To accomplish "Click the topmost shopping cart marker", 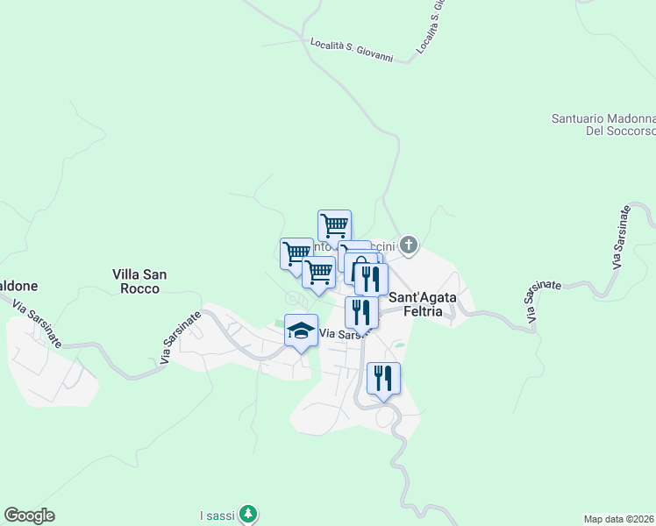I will (334, 226).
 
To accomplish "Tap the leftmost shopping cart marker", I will (296, 253).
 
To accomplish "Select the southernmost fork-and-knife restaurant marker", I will (383, 379).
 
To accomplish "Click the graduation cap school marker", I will (301, 331).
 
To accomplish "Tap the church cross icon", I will (408, 244).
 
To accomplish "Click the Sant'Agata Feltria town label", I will (422, 303).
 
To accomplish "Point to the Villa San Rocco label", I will (140, 281).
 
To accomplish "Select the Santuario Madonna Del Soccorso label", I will (604, 124).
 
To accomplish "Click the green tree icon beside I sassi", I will (249, 513).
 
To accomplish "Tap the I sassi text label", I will (217, 515).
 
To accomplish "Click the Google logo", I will (29, 515).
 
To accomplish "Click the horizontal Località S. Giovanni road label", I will (352, 49).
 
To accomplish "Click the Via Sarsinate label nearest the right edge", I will (622, 238).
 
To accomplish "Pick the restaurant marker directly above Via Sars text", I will (361, 312).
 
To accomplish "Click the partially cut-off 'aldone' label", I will (18, 286).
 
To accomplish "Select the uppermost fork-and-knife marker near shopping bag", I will (371, 280).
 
